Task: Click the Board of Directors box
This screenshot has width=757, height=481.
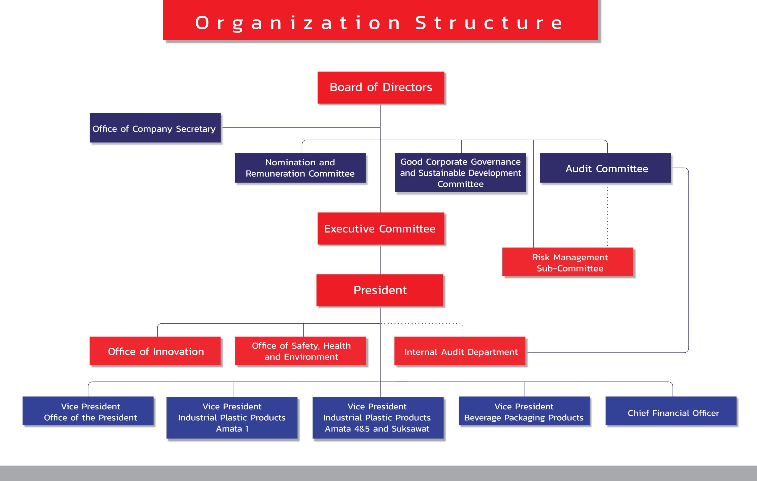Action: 381,88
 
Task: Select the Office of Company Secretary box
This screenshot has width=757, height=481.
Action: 155,128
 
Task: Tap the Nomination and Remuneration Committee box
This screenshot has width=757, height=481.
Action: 300,168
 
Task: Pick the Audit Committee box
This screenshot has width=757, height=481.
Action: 605,168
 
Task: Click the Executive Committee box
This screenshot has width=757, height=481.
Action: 381,229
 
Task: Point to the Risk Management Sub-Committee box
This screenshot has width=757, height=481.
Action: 568,262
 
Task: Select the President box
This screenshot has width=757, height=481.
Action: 380,290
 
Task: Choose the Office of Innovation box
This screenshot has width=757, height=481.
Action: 155,351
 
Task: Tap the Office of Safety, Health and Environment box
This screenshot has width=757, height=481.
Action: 300,351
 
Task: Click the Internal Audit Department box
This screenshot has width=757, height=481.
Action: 460,351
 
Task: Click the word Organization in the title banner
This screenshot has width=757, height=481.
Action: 298,23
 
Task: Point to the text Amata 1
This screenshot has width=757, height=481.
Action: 232,429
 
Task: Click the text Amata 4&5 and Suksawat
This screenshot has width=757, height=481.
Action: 377,429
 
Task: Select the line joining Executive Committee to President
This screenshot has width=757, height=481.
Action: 380,259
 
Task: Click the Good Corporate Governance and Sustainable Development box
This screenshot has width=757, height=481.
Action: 460,172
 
